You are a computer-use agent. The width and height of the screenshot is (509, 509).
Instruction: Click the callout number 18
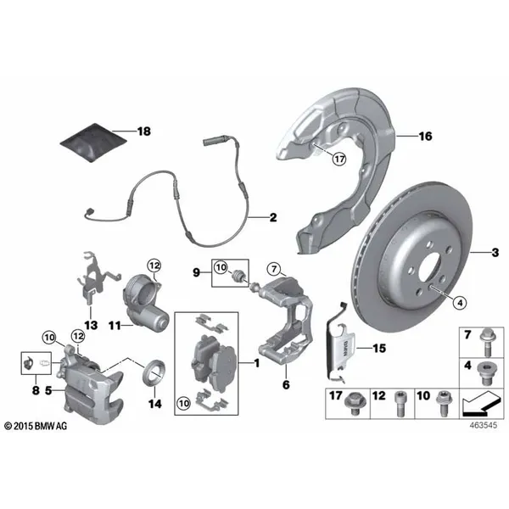[x=144, y=131]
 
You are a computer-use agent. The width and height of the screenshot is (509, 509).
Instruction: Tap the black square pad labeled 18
[x=93, y=143]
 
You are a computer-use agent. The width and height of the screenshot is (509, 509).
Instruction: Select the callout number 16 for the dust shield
[x=426, y=137]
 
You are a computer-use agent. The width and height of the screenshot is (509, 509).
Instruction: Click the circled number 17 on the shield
[x=339, y=159]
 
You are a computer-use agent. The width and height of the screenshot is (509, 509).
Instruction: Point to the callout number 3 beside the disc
[x=495, y=252]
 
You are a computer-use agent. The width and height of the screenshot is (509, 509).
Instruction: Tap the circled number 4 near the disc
[x=460, y=303]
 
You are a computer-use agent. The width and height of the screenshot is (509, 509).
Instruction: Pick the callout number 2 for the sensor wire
[x=273, y=217]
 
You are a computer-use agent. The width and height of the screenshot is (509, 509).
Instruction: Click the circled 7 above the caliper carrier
[x=274, y=269]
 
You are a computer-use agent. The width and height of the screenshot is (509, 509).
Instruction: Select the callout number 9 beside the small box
[x=197, y=272]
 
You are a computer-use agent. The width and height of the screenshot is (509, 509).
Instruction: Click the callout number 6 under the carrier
[x=286, y=384]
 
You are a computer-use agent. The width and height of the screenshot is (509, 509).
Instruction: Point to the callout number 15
[x=379, y=349]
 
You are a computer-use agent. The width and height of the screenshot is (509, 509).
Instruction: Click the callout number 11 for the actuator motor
[x=115, y=325]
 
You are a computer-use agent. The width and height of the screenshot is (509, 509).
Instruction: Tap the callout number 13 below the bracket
[x=91, y=325]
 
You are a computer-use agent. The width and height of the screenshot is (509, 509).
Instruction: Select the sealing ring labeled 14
[x=154, y=373]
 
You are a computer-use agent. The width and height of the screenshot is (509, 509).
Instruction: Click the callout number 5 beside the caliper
[x=48, y=390]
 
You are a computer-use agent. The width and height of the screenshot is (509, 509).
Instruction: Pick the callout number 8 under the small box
[x=36, y=390]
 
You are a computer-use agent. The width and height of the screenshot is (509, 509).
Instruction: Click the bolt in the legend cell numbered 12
[x=400, y=404]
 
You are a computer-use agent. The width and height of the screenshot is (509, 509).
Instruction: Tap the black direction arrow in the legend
[x=480, y=404]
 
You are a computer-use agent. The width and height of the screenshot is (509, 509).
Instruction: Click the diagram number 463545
[x=484, y=425]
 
